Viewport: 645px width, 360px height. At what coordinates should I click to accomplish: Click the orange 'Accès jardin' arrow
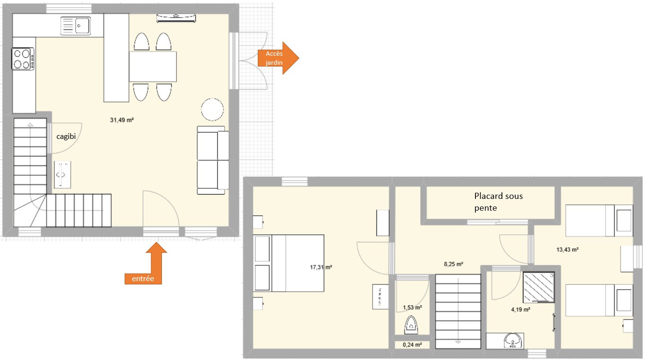[278, 58]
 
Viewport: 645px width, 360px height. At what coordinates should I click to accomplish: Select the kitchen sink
[76, 26]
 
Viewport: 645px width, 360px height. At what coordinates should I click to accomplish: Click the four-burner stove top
[23, 59]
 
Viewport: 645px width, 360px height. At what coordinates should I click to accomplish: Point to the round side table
[212, 110]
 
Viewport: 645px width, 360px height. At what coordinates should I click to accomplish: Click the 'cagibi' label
[66, 137]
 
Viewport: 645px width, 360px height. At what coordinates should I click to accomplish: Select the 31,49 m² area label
[122, 120]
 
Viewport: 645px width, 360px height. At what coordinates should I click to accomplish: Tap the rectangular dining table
[153, 67]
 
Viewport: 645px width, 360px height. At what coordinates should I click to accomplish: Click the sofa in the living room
[213, 160]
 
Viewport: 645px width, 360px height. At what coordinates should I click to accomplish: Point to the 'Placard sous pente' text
[499, 202]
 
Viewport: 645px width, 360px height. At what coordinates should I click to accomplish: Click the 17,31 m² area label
[321, 267]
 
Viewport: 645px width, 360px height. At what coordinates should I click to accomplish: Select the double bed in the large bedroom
[289, 263]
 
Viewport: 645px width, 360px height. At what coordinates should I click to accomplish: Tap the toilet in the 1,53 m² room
[411, 325]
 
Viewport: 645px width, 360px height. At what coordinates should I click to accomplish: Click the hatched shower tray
[539, 287]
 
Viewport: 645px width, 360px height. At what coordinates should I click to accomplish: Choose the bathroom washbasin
[513, 341]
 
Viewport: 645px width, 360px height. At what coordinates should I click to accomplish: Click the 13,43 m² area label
[568, 250]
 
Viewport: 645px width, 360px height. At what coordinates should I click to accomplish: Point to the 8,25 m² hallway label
[453, 264]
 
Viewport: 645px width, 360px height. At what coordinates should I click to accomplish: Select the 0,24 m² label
[412, 345]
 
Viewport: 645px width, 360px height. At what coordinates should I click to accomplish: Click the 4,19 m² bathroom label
[521, 309]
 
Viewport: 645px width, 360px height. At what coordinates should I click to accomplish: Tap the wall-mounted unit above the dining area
[176, 18]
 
